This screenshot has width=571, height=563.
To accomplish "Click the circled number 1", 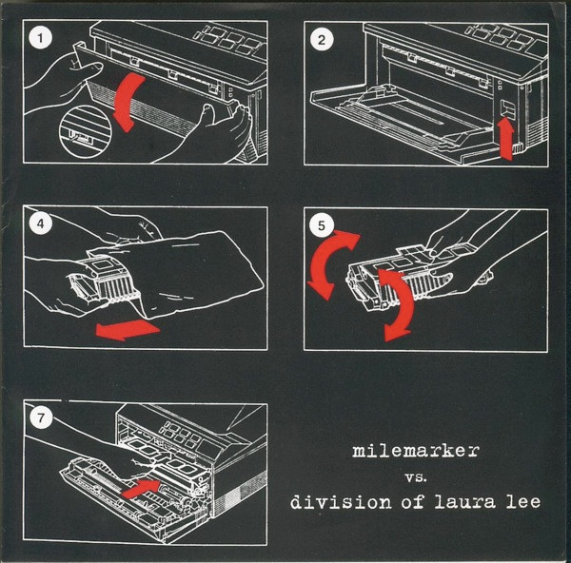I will click(x=38, y=39).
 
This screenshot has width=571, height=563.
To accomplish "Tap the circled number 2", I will click(x=323, y=39).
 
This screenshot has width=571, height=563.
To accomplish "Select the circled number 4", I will click(x=38, y=227).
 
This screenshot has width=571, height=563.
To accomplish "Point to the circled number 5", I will click(x=323, y=226).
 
